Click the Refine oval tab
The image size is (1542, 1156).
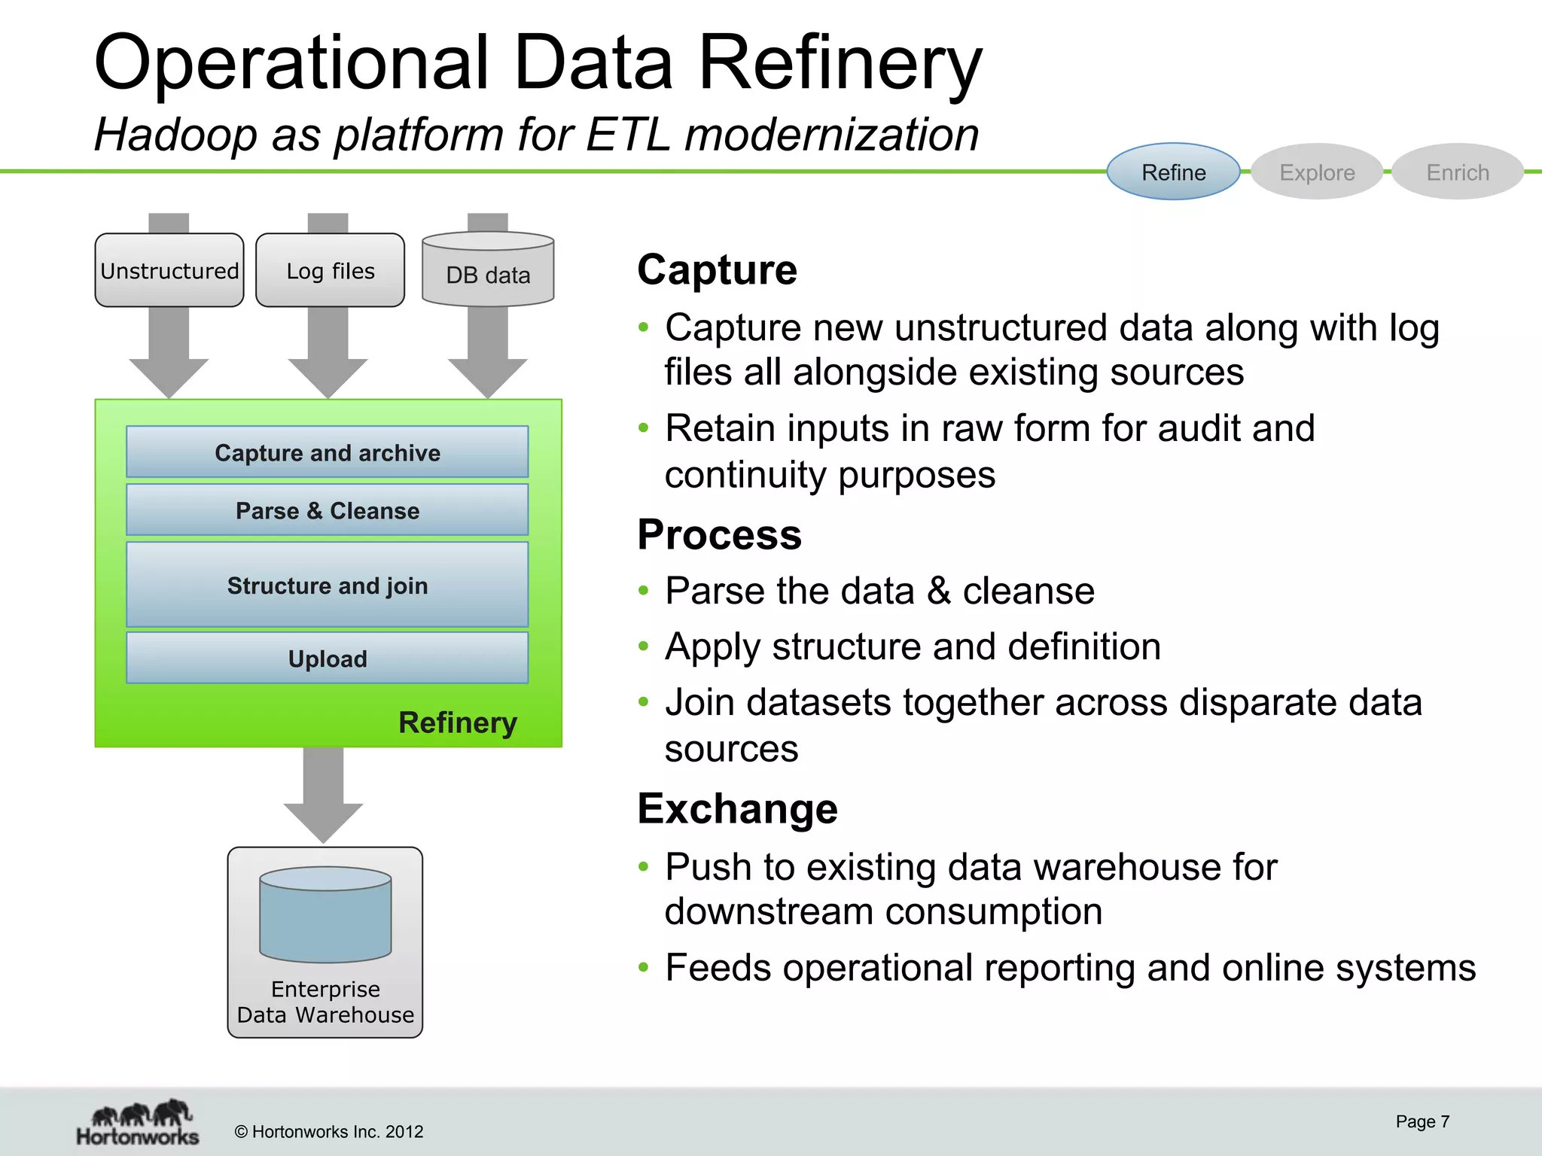coord(1173,172)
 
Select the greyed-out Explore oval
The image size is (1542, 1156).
coord(1317,172)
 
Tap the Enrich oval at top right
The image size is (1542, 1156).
coord(1458,172)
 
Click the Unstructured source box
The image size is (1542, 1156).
coord(169,271)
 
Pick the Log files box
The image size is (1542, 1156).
coord(330,271)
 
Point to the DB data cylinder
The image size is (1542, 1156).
coord(488,272)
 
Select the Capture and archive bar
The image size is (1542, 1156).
coord(328,452)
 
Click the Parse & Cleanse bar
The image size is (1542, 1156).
coord(328,510)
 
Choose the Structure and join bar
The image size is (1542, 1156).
coord(328,585)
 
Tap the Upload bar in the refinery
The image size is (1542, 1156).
coord(328,659)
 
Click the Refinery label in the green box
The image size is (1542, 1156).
coord(457,722)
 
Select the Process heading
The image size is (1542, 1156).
coord(719,535)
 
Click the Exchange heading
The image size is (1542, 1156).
coord(737,809)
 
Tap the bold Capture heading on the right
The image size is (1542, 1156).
coord(717,269)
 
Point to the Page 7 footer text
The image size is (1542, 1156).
coord(1422,1121)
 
